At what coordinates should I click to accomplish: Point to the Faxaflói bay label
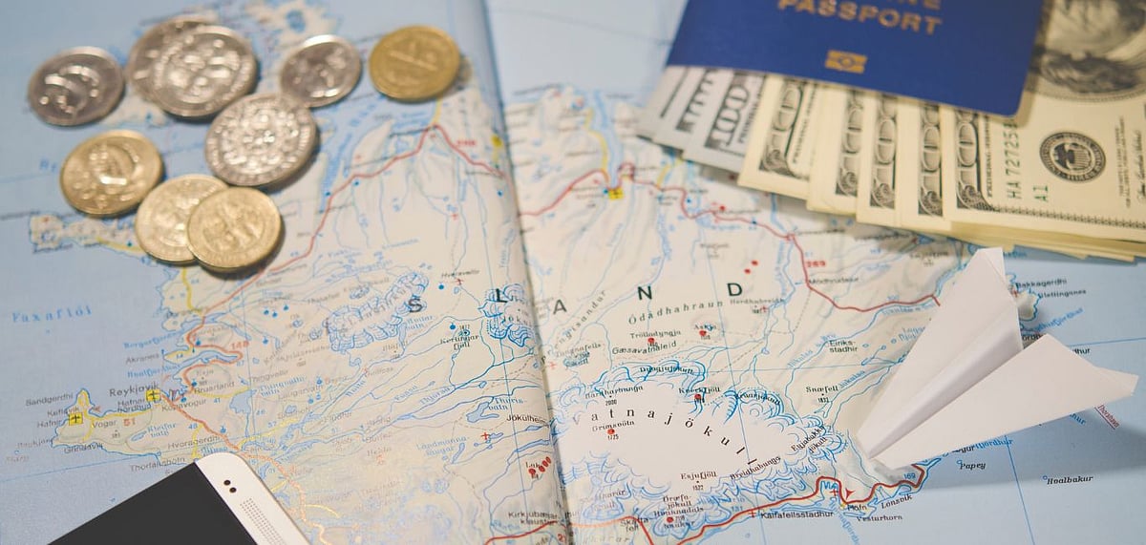[x=52, y=311]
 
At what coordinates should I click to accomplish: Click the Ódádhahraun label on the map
[x=672, y=318]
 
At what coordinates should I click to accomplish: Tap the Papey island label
[x=971, y=465]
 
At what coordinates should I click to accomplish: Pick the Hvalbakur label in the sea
[x=1068, y=479]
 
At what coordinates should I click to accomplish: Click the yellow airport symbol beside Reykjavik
[x=153, y=395]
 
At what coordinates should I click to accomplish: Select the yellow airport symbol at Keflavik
[x=75, y=418]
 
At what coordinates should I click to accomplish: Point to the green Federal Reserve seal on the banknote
[x=1072, y=156]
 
